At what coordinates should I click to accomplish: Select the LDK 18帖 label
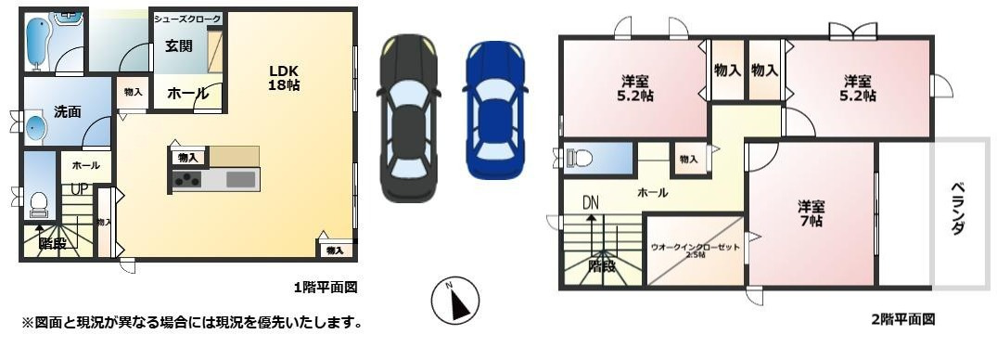point(284,77)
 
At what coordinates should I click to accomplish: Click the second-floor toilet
point(580,158)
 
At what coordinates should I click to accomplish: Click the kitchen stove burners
point(187,180)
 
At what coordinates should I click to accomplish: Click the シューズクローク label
point(187,19)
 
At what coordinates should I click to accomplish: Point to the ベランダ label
point(958,211)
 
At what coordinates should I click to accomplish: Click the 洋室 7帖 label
point(812,214)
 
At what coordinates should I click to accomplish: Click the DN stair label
point(591,201)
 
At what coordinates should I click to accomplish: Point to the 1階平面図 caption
point(325,288)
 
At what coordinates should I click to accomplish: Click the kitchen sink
point(241,179)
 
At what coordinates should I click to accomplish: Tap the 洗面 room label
point(67,111)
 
